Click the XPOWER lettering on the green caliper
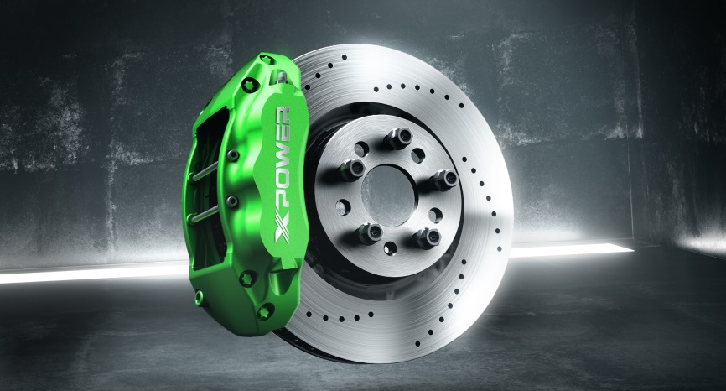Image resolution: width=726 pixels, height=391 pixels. pyautogui.click(x=283, y=175)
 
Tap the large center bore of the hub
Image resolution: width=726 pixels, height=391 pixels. pyautogui.click(x=388, y=195)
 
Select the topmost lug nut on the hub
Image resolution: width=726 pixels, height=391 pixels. pyautogui.click(x=399, y=138)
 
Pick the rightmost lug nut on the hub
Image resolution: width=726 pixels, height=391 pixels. pyautogui.click(x=443, y=180)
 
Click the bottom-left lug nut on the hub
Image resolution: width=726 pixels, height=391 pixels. pyautogui.click(x=369, y=233)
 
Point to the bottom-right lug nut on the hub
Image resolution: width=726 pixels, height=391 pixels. pyautogui.click(x=427, y=238)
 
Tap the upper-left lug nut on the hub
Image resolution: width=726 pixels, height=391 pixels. pyautogui.click(x=352, y=169)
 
